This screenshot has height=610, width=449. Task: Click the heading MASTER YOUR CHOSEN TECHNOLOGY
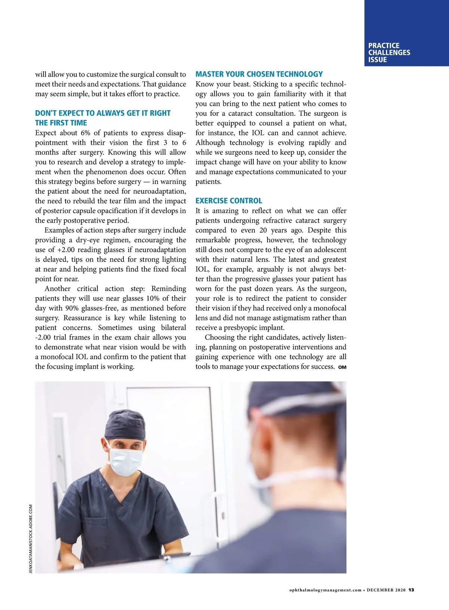(259, 74)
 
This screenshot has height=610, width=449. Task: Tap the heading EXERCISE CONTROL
(229, 200)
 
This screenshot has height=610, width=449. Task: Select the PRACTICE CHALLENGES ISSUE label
(389, 53)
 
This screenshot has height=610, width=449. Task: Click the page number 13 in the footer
(411, 590)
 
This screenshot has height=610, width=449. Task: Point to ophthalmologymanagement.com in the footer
(325, 590)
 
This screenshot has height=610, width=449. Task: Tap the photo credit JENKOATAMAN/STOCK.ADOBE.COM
(31, 539)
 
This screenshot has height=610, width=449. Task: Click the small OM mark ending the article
(342, 367)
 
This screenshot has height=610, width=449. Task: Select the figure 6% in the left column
(85, 133)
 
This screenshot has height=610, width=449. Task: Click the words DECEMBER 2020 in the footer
(386, 590)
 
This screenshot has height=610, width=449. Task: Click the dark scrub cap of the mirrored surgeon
(125, 424)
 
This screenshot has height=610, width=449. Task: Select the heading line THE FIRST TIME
(61, 123)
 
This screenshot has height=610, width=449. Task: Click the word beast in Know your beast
(241, 84)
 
